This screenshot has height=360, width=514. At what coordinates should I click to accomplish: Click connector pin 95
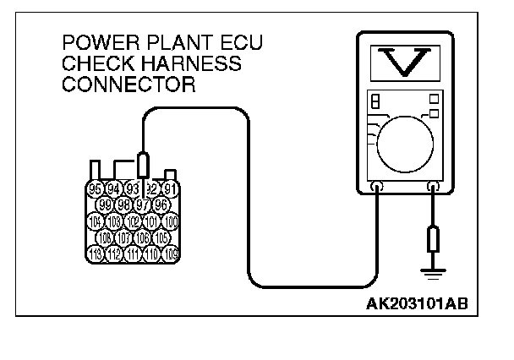click(96, 188)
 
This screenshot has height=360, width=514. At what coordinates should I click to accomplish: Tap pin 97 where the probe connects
click(142, 205)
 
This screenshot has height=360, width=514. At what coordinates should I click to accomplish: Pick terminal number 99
click(105, 205)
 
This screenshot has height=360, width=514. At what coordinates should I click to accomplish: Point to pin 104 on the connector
click(96, 221)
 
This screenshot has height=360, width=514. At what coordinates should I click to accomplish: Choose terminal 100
click(171, 221)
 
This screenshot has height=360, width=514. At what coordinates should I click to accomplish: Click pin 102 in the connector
click(133, 221)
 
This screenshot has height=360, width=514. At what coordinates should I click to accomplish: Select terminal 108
click(105, 237)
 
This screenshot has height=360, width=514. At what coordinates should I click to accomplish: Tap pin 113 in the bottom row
click(96, 254)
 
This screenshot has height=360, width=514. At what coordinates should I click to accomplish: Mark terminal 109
click(171, 254)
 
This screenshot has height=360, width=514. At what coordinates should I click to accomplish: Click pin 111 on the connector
click(133, 254)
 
